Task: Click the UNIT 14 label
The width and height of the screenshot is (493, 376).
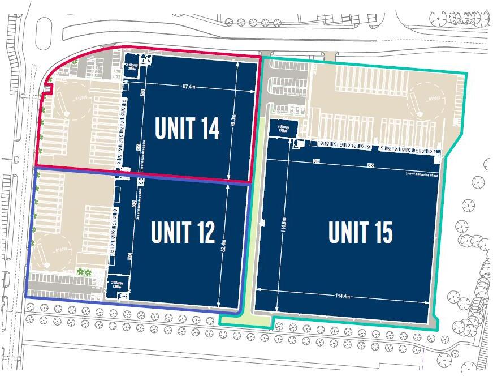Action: pos(187,129)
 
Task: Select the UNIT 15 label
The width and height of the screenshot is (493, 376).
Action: pos(360,232)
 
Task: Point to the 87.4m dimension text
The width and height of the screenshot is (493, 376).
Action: pos(189,87)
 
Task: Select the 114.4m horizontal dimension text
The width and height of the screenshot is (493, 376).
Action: pos(343,296)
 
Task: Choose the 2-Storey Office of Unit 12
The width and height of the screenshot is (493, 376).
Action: pos(117,284)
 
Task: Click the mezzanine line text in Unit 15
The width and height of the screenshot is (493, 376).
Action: pos(422,173)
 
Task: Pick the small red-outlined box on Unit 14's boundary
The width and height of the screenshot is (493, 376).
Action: pos(48,89)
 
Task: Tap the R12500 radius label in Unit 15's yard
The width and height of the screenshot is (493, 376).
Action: pos(434,98)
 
